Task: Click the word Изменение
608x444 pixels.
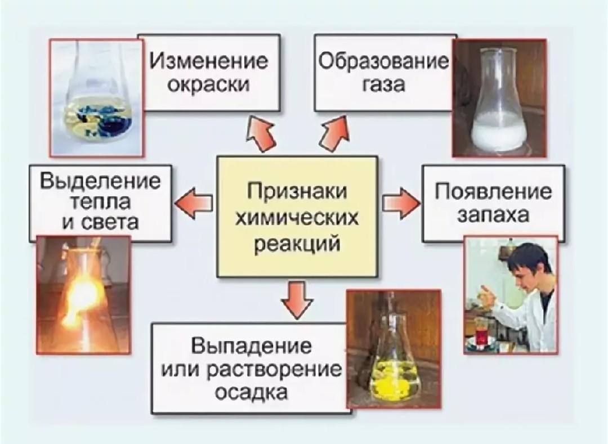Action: pos(208,61)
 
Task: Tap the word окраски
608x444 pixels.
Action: pos(208,86)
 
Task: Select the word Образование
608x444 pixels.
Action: pos(385,61)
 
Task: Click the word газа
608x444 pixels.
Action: pos(385,86)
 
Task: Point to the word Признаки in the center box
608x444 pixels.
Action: pos(297,190)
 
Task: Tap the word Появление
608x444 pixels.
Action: pos(494,191)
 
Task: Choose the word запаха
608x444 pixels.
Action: pos(494,217)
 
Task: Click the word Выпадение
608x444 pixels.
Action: pos(251,345)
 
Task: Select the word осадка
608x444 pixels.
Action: pos(251,392)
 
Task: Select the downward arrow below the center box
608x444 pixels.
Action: pos(297,298)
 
